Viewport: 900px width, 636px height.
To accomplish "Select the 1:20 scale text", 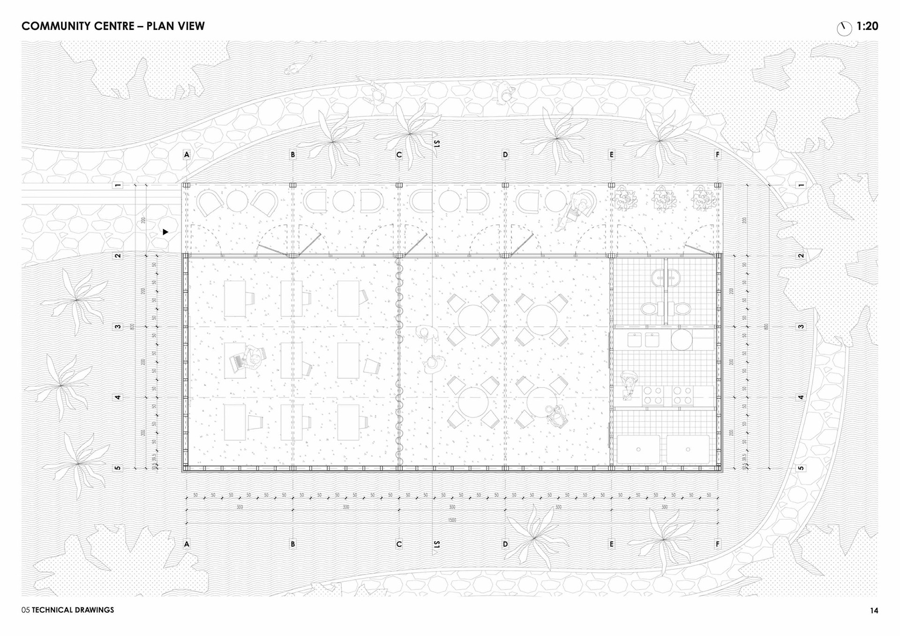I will tap(867, 26).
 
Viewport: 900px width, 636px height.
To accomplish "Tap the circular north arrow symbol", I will tap(844, 29).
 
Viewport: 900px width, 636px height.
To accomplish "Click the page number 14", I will tap(874, 610).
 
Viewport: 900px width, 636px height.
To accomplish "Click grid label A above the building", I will tap(187, 155).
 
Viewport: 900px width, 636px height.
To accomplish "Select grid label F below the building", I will tap(717, 544).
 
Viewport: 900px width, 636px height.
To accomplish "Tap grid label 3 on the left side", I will tap(118, 327).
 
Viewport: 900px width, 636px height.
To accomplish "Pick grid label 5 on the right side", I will tap(801, 468).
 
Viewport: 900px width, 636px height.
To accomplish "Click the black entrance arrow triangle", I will tap(165, 232).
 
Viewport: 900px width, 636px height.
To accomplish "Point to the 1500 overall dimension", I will tap(452, 520).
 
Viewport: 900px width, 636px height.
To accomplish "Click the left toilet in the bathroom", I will tap(649, 308).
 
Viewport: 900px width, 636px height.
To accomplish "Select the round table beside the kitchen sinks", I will tap(681, 339).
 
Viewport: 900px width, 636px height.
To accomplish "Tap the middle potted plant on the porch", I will tap(663, 199).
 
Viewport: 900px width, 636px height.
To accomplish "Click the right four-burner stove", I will tap(682, 395).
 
